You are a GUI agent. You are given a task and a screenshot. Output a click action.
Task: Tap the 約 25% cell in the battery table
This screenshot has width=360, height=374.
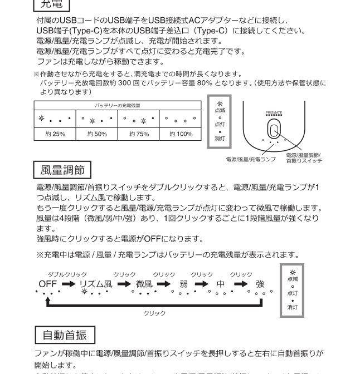(55, 134)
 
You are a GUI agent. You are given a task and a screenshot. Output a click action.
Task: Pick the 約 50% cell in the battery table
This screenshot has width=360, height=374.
(97, 134)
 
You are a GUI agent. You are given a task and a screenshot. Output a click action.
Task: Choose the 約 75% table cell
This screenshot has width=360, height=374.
(139, 134)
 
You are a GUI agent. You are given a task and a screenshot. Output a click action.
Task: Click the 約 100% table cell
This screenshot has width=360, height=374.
(181, 134)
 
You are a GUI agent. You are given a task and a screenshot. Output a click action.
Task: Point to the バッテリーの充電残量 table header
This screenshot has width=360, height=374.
(118, 105)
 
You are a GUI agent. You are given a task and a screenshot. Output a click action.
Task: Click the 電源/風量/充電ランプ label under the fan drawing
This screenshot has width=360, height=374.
(251, 160)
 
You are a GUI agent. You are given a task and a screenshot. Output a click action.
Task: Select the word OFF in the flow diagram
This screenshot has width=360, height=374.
(48, 283)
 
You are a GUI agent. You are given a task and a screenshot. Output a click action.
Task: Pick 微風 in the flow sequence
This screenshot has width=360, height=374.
(144, 284)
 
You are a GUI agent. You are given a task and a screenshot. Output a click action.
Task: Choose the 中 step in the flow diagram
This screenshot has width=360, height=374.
(221, 284)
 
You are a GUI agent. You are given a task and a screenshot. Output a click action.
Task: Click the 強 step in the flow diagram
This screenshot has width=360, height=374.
(260, 284)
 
